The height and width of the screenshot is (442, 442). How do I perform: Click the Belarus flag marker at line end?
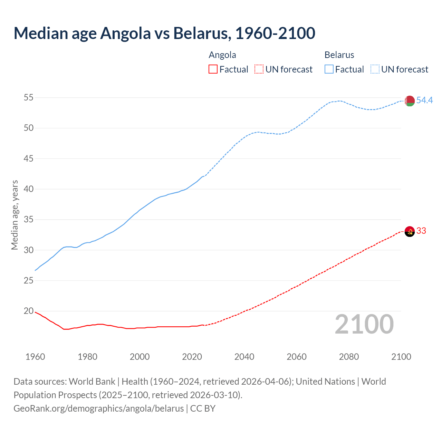click(410, 101)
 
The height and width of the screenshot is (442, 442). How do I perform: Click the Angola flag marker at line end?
click(410, 231)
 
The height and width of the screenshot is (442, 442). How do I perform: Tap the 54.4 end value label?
click(424, 100)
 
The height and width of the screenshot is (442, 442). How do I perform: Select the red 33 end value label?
click(421, 231)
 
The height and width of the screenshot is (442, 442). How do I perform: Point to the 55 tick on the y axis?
click(28, 98)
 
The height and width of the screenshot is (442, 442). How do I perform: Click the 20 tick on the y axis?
click(28, 311)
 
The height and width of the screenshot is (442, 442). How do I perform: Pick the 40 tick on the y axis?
click(28, 189)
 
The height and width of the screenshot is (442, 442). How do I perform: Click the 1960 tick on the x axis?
click(35, 357)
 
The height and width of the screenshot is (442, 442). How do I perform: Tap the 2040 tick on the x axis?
click(244, 357)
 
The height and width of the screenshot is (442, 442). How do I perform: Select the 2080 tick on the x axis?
click(349, 357)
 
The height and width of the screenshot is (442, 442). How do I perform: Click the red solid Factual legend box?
click(213, 69)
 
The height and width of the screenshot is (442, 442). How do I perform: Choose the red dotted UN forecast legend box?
click(259, 69)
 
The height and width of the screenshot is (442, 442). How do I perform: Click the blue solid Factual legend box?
click(329, 69)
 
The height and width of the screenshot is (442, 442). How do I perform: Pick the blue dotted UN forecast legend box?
click(375, 69)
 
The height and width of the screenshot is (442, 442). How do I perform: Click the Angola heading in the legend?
click(222, 55)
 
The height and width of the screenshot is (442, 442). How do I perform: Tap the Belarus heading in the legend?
click(339, 55)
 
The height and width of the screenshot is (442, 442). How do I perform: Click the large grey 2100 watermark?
click(364, 324)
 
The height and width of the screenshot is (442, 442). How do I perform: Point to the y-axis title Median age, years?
click(15, 215)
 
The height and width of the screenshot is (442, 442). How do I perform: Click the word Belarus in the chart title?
click(202, 33)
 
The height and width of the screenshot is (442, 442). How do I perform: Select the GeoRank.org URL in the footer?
click(98, 408)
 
